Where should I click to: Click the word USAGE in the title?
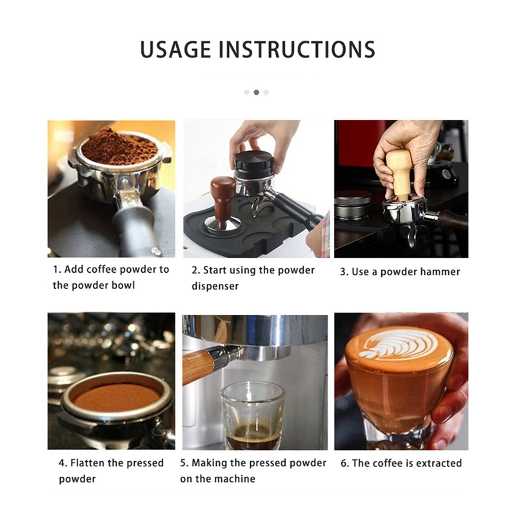tap(175, 50)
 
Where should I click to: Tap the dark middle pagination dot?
tap(256, 92)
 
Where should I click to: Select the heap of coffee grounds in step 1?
tap(120, 148)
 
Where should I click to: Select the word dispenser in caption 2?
tap(215, 286)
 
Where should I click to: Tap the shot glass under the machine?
tap(252, 415)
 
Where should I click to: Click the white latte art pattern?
tap(393, 345)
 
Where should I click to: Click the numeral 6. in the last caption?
tap(344, 463)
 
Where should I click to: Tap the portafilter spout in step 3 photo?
tap(412, 236)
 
